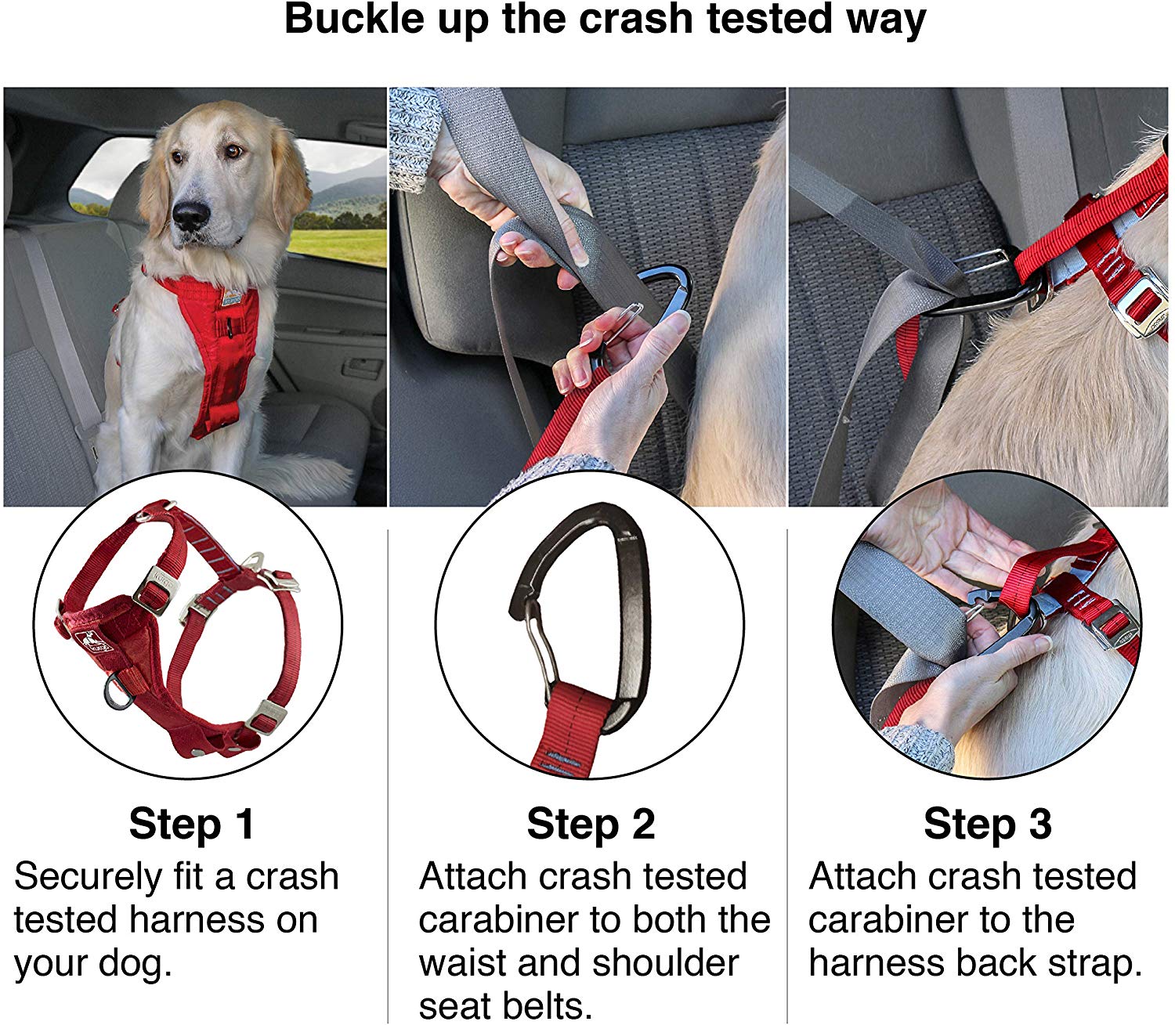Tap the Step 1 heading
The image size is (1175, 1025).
(x=192, y=825)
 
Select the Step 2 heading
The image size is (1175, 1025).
(x=591, y=825)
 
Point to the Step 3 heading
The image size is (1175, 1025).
(x=987, y=825)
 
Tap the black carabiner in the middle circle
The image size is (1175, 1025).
(x=619, y=595)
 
